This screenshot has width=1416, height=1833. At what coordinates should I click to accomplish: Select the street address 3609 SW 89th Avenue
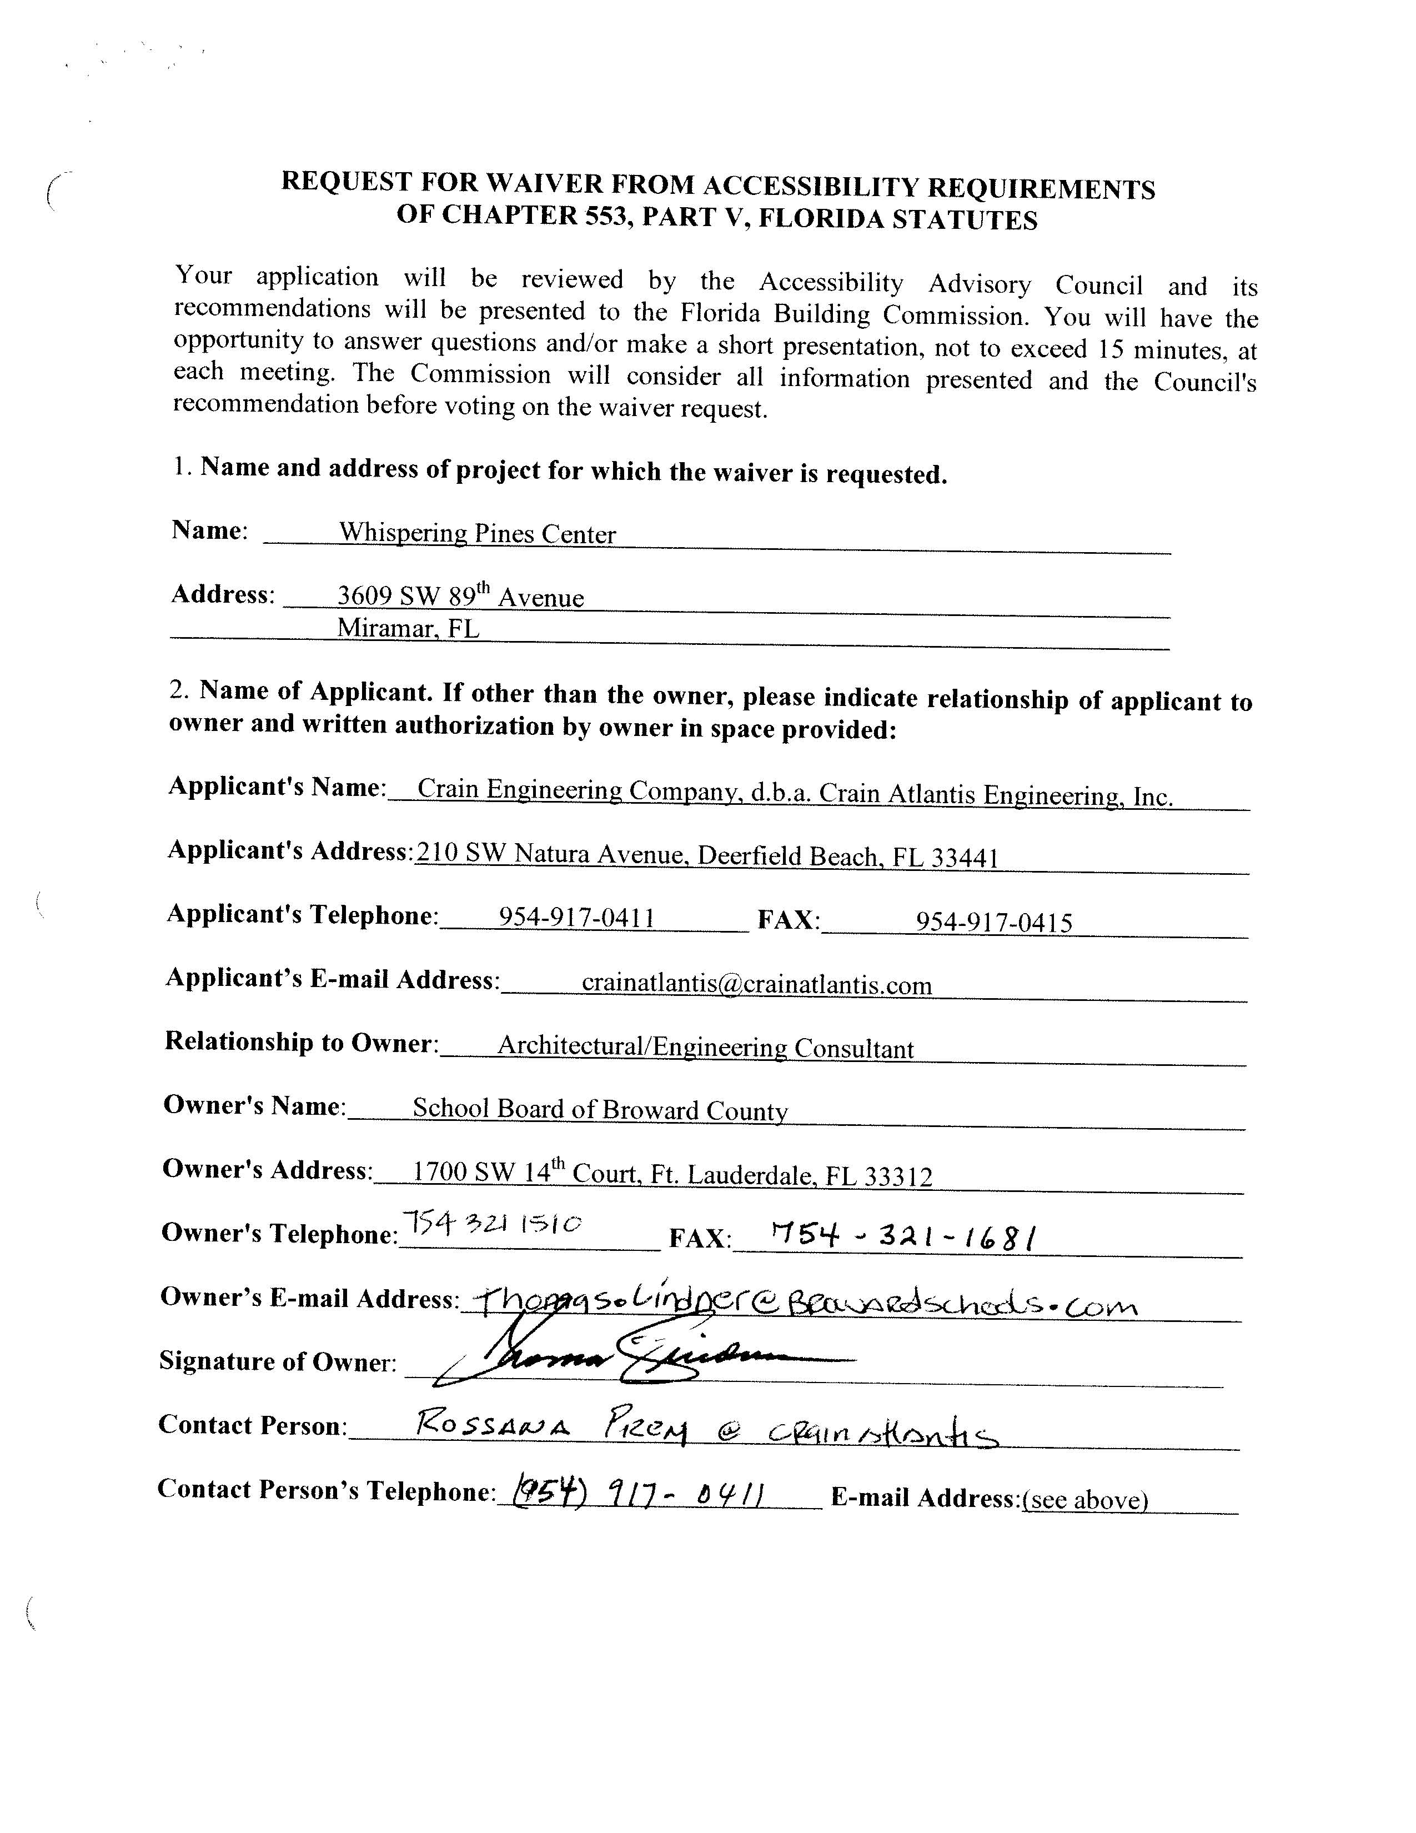point(460,597)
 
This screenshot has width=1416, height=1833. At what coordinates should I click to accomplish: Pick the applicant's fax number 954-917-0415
point(993,923)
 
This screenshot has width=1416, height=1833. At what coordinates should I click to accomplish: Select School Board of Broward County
point(600,1110)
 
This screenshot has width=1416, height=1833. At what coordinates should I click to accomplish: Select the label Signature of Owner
point(278,1360)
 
